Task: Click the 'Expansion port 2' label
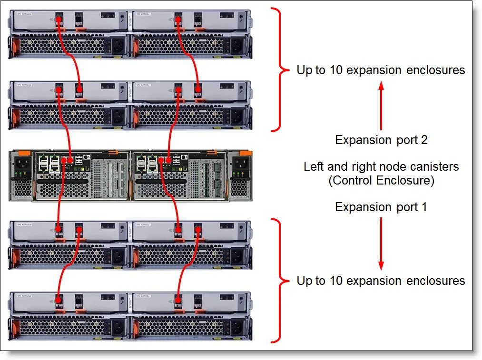[381, 140]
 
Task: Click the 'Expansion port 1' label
[381, 207]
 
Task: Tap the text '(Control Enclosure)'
[381, 181]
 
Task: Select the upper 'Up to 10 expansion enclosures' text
[381, 70]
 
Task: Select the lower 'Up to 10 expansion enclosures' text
[381, 281]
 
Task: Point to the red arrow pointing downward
[381, 243]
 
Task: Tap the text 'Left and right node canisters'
[381, 167]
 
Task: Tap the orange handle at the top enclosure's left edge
[13, 47]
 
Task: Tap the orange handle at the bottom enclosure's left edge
[13, 327]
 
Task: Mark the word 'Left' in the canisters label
[313, 167]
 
